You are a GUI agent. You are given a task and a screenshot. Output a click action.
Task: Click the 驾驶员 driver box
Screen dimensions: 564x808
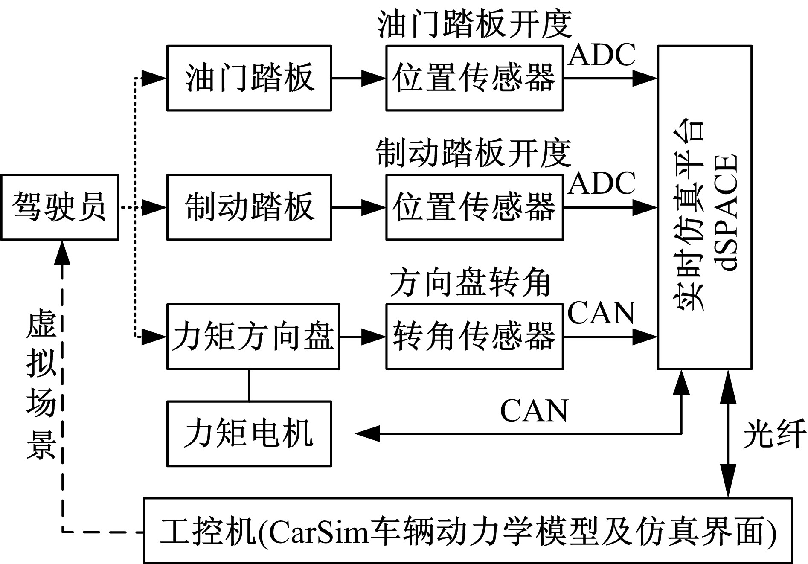click(x=59, y=207)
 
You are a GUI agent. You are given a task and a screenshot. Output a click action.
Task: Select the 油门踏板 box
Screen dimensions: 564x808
click(x=249, y=78)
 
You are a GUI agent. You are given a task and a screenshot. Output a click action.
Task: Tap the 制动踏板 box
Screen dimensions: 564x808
click(x=249, y=207)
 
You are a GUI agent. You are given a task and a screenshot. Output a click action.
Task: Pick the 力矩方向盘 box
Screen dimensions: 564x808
click(x=253, y=336)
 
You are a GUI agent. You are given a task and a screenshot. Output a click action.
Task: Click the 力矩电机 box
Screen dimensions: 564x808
click(x=249, y=433)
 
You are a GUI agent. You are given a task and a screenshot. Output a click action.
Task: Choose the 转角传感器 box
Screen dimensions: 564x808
click(x=474, y=336)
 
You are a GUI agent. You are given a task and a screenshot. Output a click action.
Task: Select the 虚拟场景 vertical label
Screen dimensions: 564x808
click(x=41, y=386)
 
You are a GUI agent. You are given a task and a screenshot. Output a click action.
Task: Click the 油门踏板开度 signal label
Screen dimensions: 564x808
click(x=474, y=24)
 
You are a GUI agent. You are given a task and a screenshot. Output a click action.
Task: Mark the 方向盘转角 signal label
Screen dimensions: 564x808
click(x=470, y=283)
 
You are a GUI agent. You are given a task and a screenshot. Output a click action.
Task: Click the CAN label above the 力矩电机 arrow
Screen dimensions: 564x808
click(x=534, y=411)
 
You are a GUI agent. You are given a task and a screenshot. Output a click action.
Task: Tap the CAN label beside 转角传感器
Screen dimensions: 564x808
click(x=602, y=313)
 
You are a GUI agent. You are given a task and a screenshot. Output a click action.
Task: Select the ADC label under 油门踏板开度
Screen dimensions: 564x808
click(x=602, y=55)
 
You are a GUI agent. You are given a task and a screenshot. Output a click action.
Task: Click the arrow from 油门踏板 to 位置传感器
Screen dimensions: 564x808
click(x=358, y=78)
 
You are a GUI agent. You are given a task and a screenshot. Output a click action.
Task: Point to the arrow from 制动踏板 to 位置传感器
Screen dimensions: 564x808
click(x=358, y=207)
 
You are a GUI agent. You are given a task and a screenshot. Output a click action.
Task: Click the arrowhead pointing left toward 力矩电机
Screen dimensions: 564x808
click(x=367, y=433)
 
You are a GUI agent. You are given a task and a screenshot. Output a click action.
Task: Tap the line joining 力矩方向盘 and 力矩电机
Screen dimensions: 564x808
click(x=249, y=385)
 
